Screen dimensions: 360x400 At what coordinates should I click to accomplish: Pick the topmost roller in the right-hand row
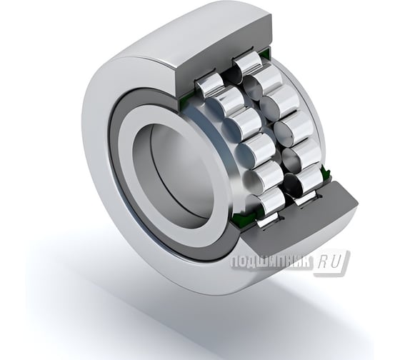pyautogui.click(x=249, y=63)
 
